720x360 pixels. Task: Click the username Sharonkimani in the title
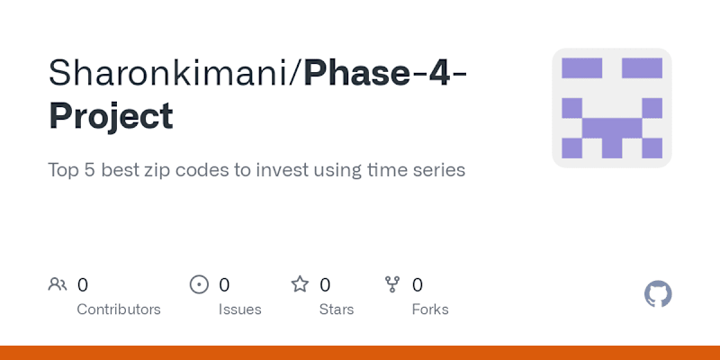168,73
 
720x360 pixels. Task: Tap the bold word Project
111,117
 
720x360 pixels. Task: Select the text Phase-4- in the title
385,73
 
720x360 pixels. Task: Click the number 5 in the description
89,170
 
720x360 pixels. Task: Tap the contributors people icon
58,284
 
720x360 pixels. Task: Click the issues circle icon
199,284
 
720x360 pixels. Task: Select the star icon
300,284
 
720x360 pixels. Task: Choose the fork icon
392,284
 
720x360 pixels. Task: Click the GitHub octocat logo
658,294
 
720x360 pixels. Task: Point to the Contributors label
119,310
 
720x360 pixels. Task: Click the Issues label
239,310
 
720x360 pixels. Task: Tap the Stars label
337,310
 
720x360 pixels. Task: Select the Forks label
430,310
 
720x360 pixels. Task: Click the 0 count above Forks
417,285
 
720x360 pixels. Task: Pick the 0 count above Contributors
82,285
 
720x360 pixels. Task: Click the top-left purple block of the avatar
581,68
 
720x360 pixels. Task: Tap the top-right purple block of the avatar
642,68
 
